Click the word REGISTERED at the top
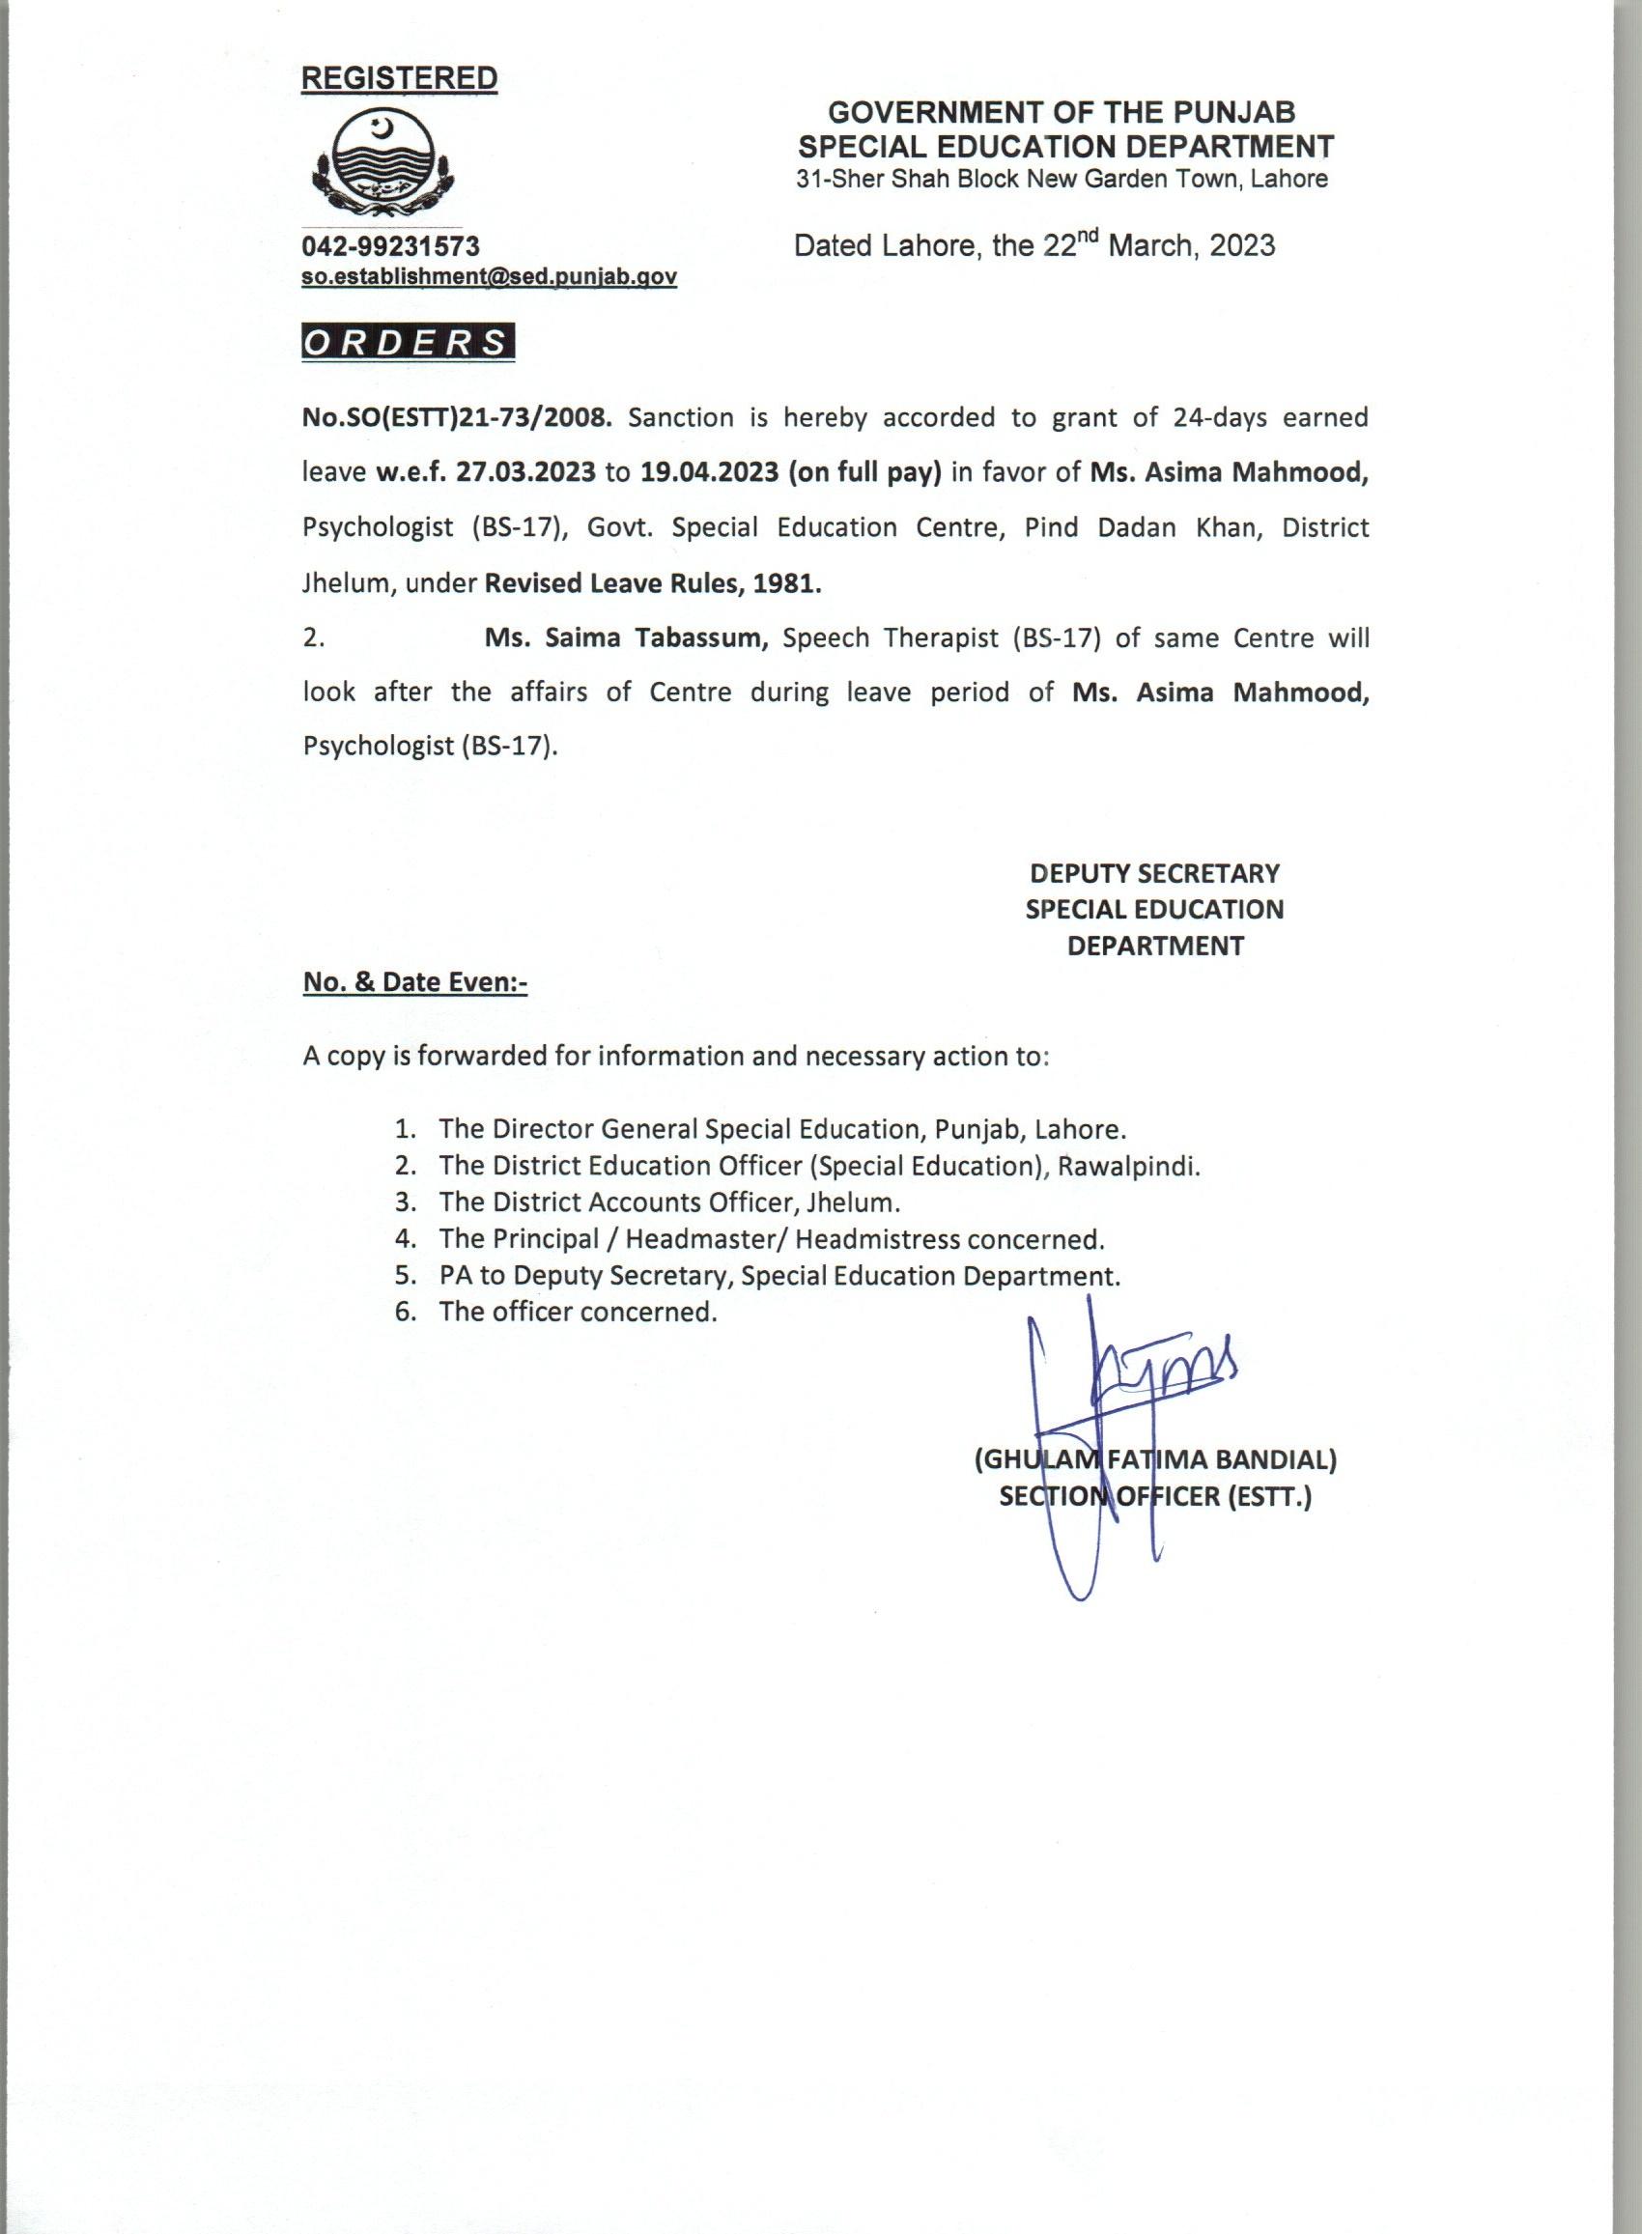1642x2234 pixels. tap(399, 78)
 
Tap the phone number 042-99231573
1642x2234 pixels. tap(390, 245)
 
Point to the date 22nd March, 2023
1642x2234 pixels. tap(1158, 245)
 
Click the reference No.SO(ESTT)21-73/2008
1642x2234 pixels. tap(457, 417)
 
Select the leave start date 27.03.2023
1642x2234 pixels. tap(525, 472)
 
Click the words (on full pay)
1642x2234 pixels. tap(864, 472)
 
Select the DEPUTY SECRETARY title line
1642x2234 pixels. tap(1154, 873)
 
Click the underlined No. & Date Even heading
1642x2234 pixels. tap(414, 983)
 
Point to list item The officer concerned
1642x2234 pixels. tap(578, 1312)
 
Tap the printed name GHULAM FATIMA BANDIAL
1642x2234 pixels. tap(1154, 1459)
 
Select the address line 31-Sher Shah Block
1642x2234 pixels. tap(1062, 180)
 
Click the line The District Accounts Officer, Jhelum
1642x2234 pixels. tap(669, 1202)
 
